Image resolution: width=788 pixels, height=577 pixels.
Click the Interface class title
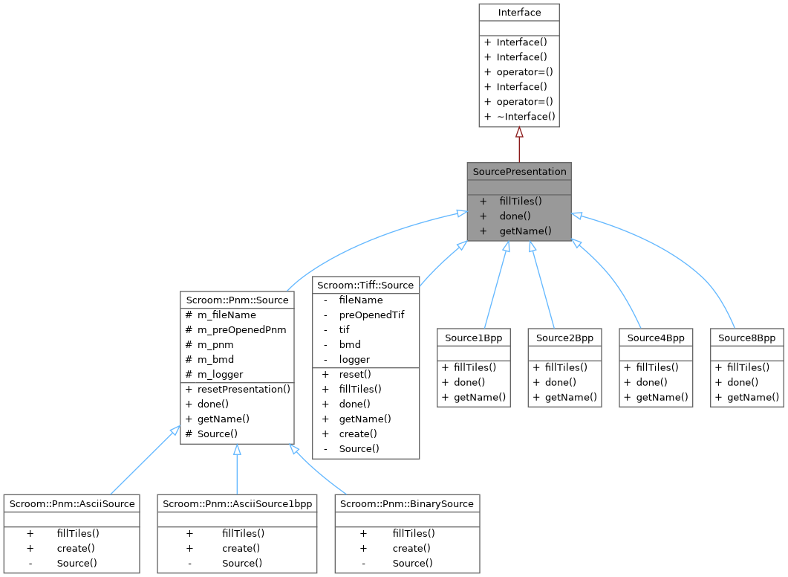[x=519, y=12]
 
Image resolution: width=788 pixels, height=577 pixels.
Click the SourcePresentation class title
[x=519, y=171]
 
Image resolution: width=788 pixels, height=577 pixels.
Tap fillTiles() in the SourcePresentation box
[x=521, y=201]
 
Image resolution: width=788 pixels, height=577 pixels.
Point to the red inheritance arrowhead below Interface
[x=519, y=132]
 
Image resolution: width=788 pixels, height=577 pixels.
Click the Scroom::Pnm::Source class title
[x=236, y=300]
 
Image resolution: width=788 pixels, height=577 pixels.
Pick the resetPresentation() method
[x=244, y=389]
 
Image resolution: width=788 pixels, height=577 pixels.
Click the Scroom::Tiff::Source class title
[x=366, y=285]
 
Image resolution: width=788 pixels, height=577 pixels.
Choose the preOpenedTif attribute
[x=371, y=315]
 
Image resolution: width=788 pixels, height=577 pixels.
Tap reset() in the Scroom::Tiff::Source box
[x=355, y=374]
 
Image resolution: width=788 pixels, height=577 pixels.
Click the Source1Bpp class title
[x=474, y=338]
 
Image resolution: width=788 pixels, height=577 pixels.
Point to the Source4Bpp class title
[x=656, y=338]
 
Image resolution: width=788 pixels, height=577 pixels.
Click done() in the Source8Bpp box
[x=743, y=381]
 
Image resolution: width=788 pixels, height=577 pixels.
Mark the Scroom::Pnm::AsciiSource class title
[x=71, y=503]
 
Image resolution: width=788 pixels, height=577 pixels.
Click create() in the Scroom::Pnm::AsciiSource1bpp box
[x=241, y=548]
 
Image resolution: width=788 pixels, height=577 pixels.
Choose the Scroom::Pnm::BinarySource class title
[x=406, y=503]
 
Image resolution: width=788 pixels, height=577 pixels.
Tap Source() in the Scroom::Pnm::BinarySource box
[x=408, y=563]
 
